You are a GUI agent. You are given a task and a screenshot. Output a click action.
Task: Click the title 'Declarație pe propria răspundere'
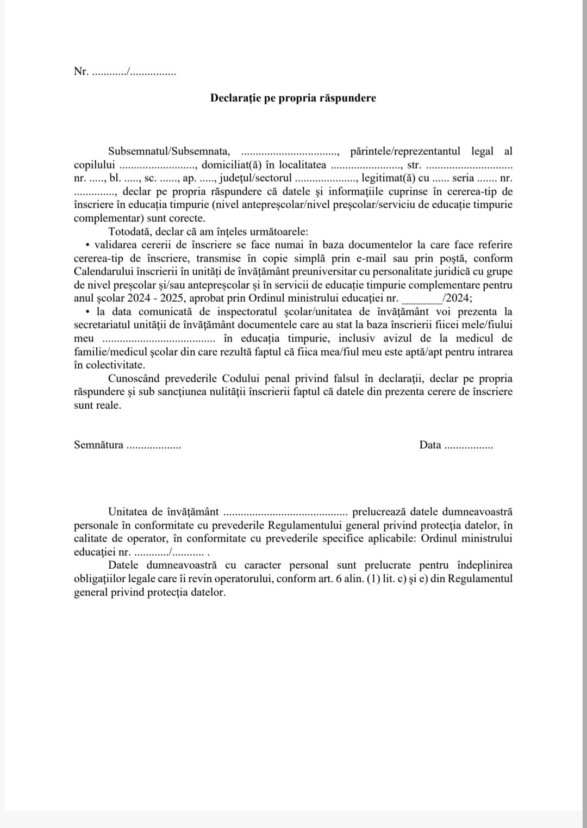[x=293, y=98]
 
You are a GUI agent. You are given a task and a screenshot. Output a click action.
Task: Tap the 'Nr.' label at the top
[x=80, y=71]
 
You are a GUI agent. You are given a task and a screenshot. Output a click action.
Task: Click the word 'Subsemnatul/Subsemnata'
[x=169, y=151]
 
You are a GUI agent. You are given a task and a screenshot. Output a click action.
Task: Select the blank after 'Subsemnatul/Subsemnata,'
[x=290, y=152]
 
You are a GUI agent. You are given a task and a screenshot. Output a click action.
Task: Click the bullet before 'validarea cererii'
[x=88, y=245]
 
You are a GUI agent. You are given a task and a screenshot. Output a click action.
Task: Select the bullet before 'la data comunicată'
[x=88, y=312]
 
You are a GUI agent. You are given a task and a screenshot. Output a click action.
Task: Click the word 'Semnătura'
[x=98, y=445]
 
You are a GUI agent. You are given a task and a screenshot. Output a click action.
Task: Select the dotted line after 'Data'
[x=468, y=446]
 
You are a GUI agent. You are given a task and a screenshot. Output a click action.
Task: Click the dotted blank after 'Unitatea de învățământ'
[x=285, y=513]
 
